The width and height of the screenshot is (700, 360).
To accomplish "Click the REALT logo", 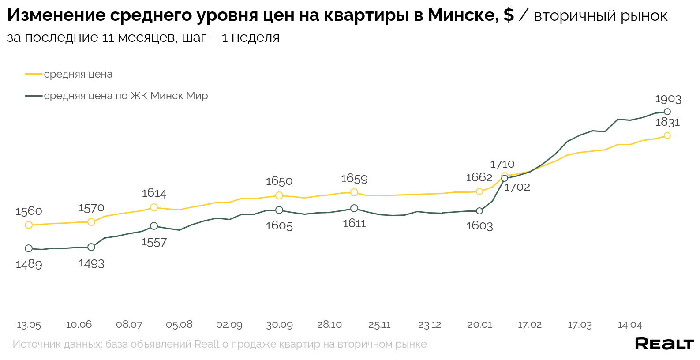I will [x=664, y=343].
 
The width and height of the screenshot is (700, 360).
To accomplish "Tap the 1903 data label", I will [x=668, y=99].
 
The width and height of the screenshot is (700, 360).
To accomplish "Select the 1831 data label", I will [x=667, y=122].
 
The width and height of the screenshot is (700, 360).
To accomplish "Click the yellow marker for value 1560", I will [x=29, y=225].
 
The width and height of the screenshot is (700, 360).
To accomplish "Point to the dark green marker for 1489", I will [x=29, y=248].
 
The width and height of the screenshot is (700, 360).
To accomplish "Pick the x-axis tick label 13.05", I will [x=29, y=325].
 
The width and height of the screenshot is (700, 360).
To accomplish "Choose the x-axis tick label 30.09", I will [x=279, y=325].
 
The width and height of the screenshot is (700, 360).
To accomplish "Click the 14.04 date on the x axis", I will [x=629, y=325].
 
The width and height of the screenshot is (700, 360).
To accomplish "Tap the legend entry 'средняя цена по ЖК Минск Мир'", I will [x=126, y=96].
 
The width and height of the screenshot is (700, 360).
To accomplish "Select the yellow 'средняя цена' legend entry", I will [x=78, y=74].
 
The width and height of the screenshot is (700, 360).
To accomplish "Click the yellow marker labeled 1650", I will [x=279, y=195].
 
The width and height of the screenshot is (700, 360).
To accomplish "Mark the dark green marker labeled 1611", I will [x=354, y=208].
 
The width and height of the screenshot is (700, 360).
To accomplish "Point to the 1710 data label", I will [x=502, y=164].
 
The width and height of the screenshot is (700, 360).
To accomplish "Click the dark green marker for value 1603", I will [x=479, y=211].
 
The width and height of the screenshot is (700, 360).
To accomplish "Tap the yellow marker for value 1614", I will [x=154, y=207].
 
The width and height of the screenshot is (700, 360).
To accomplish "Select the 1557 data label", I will [x=154, y=243].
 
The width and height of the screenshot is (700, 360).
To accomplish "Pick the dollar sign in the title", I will [x=508, y=15].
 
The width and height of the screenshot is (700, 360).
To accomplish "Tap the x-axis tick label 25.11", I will [x=379, y=325].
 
